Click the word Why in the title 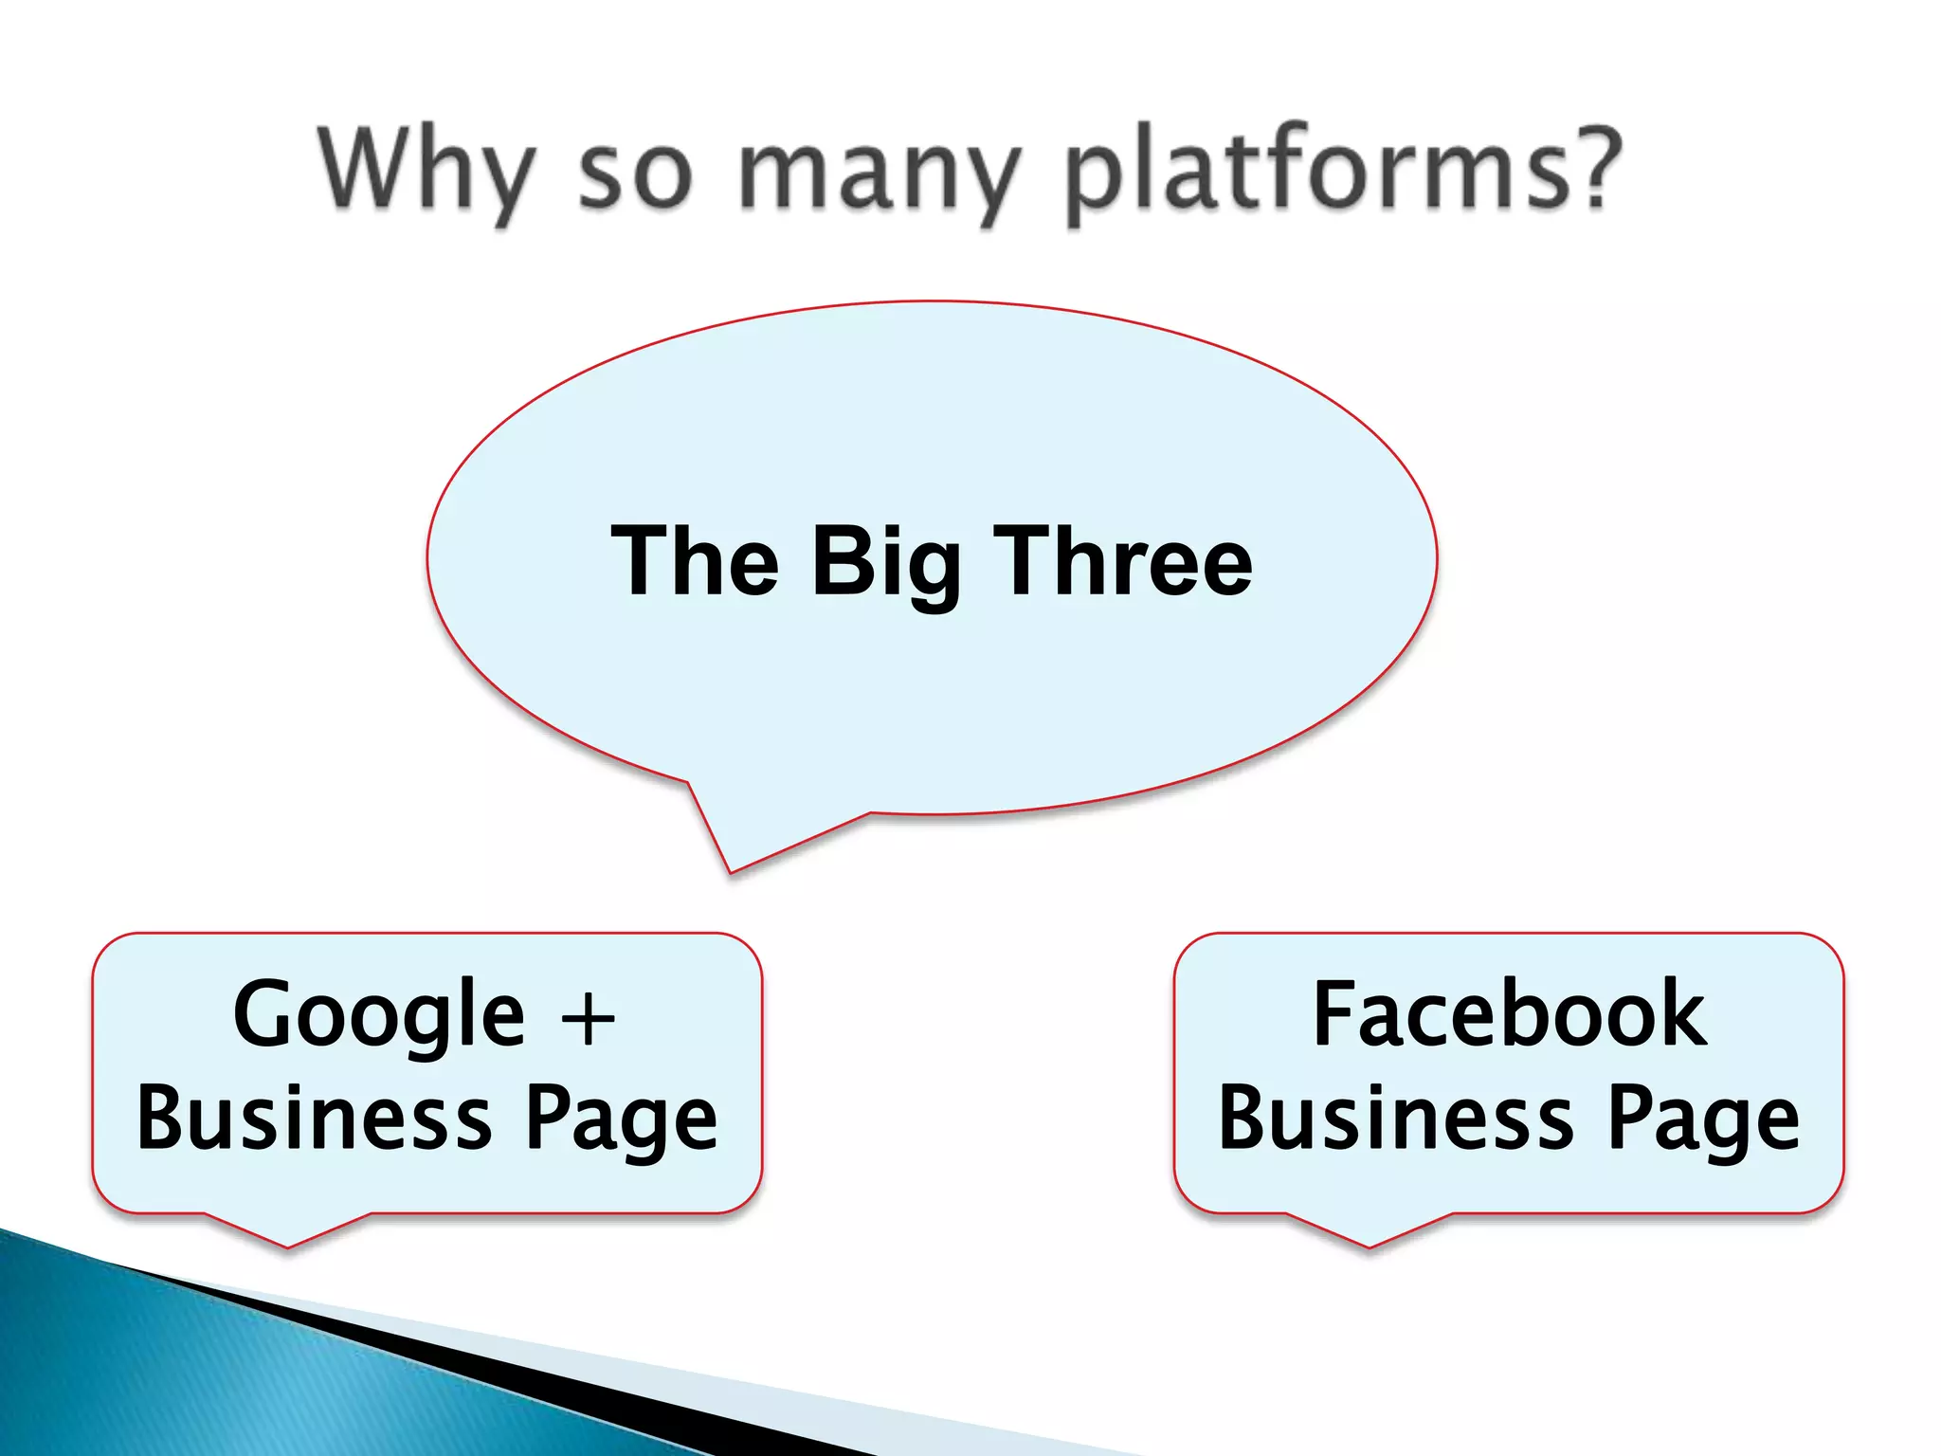point(425,171)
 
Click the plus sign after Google point(588,1020)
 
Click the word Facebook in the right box point(1509,1014)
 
